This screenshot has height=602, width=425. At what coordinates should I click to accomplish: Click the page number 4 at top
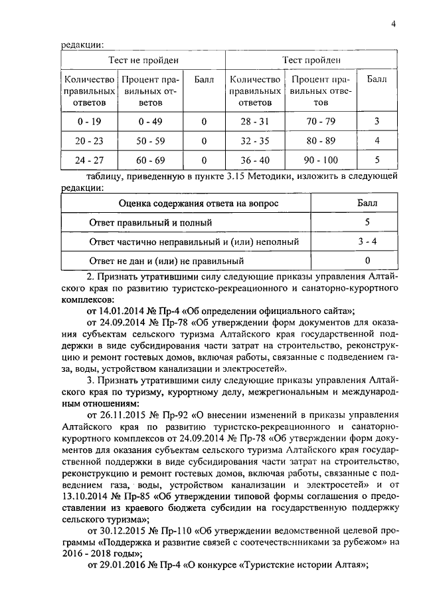(393, 25)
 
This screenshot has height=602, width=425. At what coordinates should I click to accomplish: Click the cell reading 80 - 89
(321, 141)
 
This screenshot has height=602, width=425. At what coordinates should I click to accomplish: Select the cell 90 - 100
(321, 160)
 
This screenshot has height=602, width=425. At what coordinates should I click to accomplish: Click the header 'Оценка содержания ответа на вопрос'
(199, 204)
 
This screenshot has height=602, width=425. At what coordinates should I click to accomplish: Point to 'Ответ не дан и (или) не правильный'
(167, 261)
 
